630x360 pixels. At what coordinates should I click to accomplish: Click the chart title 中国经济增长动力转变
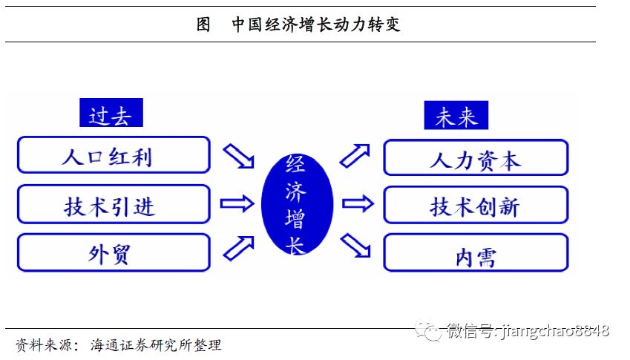click(x=316, y=25)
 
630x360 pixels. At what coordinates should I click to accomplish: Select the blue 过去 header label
click(x=111, y=114)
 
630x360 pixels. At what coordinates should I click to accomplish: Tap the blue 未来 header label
click(x=456, y=116)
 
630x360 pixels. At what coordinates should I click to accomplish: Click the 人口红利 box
click(x=113, y=156)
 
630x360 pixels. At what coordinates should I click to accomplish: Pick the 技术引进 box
click(x=113, y=204)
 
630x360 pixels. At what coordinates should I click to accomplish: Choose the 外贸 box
click(x=113, y=252)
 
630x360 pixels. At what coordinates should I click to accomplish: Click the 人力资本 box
click(x=475, y=158)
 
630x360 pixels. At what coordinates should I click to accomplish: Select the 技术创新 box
click(x=475, y=205)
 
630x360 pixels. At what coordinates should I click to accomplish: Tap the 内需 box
click(x=475, y=253)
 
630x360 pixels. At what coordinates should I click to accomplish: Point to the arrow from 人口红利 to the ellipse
click(x=239, y=156)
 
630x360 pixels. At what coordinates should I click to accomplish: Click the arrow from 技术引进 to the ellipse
click(x=237, y=202)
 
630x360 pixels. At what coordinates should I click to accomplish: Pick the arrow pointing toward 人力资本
click(x=355, y=155)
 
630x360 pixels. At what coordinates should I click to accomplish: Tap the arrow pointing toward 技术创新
click(x=357, y=203)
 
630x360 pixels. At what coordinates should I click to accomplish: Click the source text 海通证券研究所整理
click(x=156, y=345)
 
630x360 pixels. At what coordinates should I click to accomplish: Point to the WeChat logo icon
click(x=428, y=330)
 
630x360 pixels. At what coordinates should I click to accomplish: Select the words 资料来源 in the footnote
click(x=44, y=345)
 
